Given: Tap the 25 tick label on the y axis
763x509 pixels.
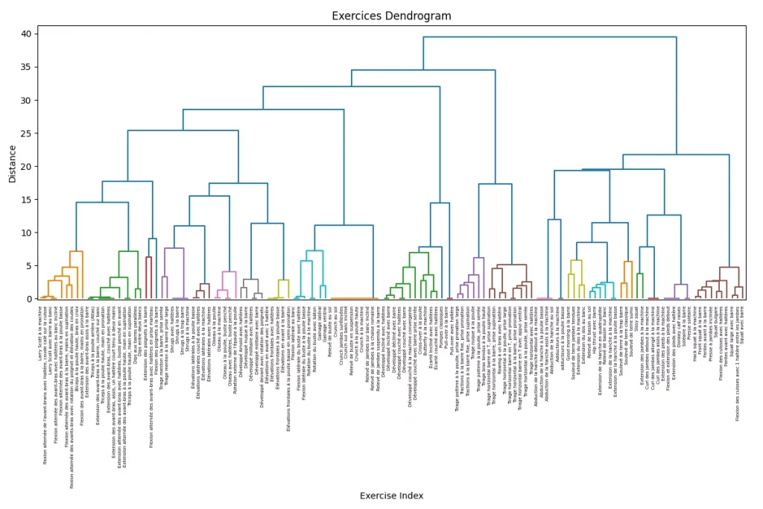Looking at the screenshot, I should point(26,133).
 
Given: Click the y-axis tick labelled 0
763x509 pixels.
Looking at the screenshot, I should point(28,299).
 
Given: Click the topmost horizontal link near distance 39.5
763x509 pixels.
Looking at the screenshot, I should point(550,37).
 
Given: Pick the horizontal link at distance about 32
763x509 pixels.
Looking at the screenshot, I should point(351,86).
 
